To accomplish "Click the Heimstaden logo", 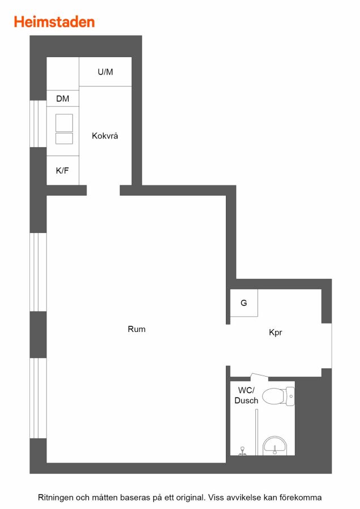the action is tap(54, 21).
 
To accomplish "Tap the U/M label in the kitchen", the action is tap(105, 72).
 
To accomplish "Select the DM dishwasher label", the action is tap(62, 98).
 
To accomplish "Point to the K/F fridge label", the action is tap(62, 170).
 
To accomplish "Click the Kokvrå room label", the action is tap(105, 135).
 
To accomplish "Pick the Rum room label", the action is tap(136, 329).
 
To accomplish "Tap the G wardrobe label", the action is tap(244, 303).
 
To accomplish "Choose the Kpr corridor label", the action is tap(276, 333).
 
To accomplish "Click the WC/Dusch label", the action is tap(246, 395).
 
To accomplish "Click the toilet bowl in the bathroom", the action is tap(278, 396).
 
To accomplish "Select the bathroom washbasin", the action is tap(275, 446).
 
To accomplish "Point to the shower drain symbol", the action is tap(242, 451).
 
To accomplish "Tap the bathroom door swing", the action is tap(259, 377).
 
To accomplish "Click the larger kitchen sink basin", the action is tap(64, 123).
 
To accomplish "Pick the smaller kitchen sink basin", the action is tap(64, 139).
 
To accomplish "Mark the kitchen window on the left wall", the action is tap(38, 124).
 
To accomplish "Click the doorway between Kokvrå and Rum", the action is tap(104, 190).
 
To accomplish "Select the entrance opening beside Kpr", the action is tap(327, 346).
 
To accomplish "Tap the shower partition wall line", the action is tap(256, 432).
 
